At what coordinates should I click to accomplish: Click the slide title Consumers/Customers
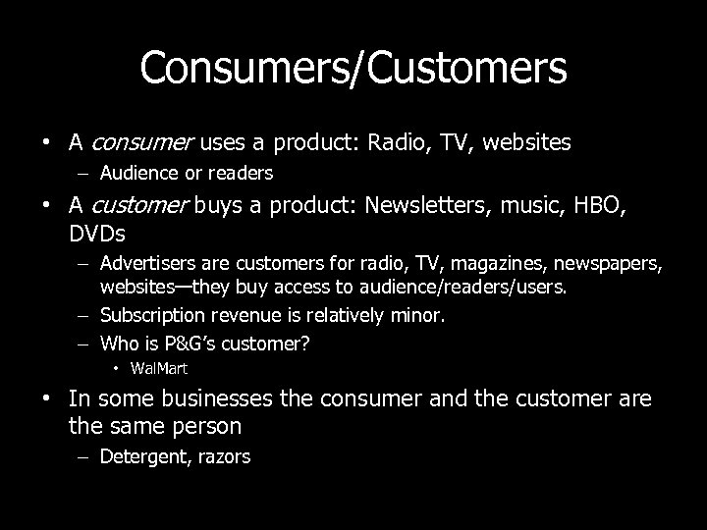click(x=353, y=68)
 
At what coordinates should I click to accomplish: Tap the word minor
click(x=419, y=315)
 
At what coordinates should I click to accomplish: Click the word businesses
click(x=208, y=400)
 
